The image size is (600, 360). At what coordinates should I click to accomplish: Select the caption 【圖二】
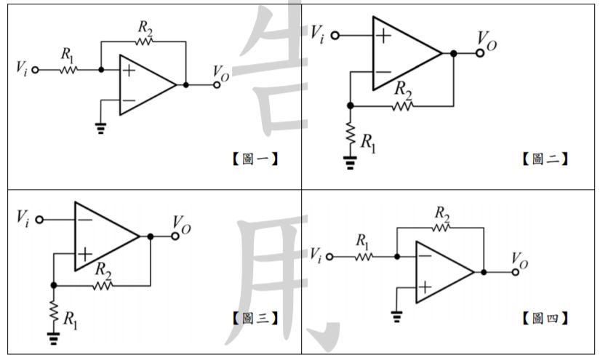pos(545,159)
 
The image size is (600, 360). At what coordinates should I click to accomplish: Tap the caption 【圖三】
pos(255,318)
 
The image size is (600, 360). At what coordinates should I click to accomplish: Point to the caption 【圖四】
pos(545,318)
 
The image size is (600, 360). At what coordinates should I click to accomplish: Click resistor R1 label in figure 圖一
pos(68,54)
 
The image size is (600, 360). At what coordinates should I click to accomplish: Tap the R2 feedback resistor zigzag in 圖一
pos(144,41)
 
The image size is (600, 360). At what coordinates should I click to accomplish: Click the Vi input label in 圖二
pos(318,33)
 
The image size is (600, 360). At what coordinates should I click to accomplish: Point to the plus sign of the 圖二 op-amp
pos(383,35)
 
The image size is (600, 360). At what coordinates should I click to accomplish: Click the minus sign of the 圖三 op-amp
pos(85,219)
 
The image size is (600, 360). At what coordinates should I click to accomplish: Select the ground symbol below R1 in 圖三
pos(53,336)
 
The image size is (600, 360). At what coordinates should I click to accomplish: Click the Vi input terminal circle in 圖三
pos(39,219)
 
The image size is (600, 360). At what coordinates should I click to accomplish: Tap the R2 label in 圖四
pos(441,213)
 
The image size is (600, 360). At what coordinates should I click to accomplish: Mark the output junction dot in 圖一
pos(187,84)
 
